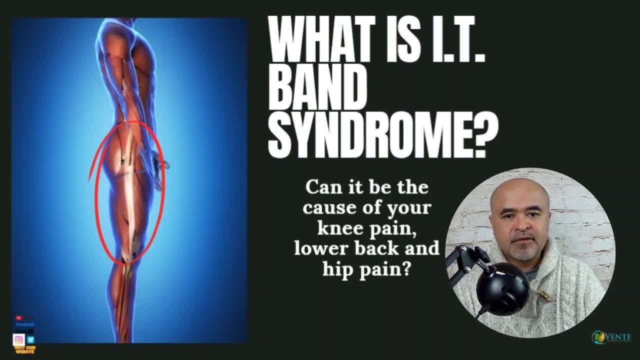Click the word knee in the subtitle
coord(335,228)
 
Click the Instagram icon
coord(19,339)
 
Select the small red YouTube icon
coord(18,317)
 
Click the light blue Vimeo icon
coord(30,339)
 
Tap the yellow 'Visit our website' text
coord(24,349)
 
